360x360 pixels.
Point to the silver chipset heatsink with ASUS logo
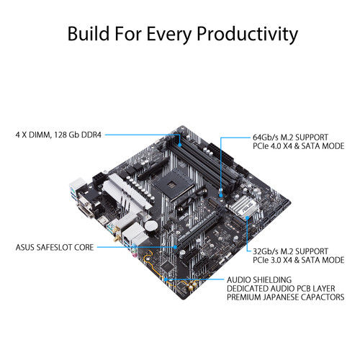[x=237, y=209]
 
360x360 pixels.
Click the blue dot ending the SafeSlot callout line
[x=178, y=247]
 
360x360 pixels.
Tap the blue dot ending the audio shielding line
[x=165, y=279]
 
